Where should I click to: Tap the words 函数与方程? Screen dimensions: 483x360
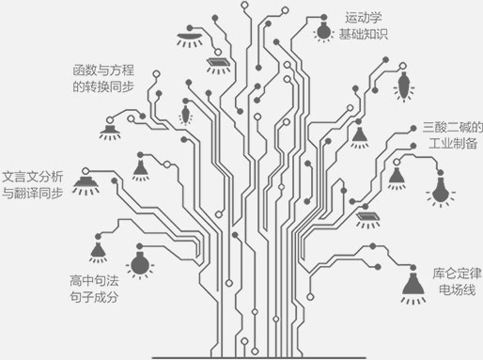pyautogui.click(x=105, y=70)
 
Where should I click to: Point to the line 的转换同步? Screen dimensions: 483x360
pyautogui.click(x=105, y=87)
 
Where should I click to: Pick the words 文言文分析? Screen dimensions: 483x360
pyautogui.click(x=34, y=176)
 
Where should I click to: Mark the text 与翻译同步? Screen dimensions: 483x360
pyautogui.click(x=34, y=194)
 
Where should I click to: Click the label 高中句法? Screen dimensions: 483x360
pyautogui.click(x=94, y=279)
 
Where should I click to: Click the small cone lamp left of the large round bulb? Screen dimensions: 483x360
pyautogui.click(x=98, y=250)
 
